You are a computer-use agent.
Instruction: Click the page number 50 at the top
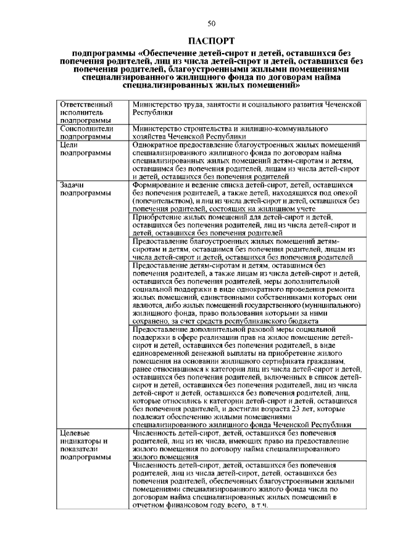(212, 23)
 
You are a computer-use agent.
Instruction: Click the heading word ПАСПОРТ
(212, 41)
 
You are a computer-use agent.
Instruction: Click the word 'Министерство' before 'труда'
(158, 105)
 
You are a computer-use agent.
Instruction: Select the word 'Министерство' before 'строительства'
(158, 128)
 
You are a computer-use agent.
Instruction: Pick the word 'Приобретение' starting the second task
(158, 217)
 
